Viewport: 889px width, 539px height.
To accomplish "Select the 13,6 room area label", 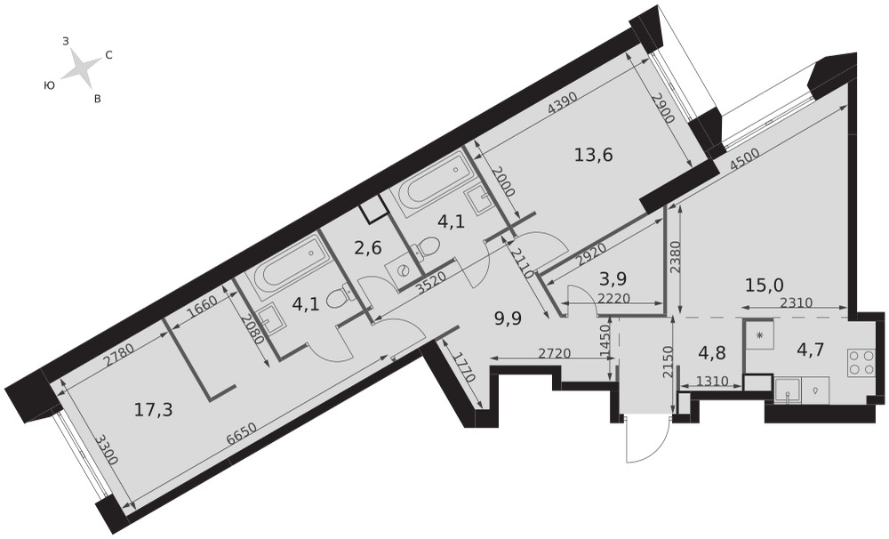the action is click(594, 154).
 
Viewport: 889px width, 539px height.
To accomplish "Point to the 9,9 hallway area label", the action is click(508, 316).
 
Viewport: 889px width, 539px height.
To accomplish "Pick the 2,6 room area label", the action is click(367, 247).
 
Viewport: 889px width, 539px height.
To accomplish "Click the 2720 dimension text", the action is click(553, 353).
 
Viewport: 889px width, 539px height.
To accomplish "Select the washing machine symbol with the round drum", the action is click(402, 271).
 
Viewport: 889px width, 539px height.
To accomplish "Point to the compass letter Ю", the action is click(49, 85).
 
